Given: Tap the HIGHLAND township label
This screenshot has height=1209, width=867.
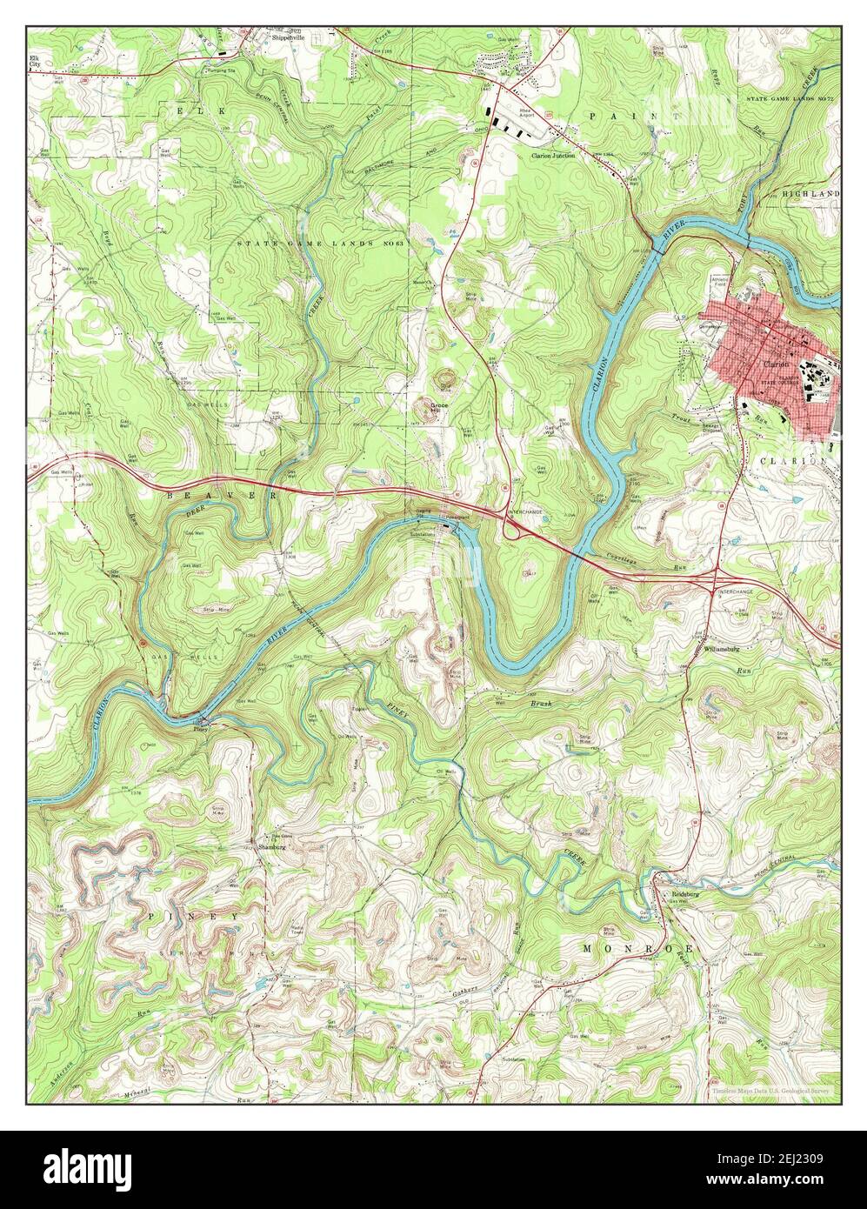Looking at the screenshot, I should pyautogui.click(x=810, y=193).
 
